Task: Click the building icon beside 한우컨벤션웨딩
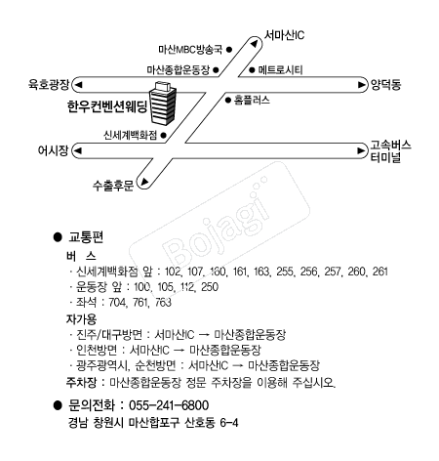click(x=165, y=100)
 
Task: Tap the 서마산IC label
click(x=290, y=35)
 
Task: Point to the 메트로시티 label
click(x=279, y=70)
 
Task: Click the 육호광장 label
click(x=49, y=84)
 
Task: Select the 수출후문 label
click(x=110, y=185)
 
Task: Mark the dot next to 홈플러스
click(x=227, y=100)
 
